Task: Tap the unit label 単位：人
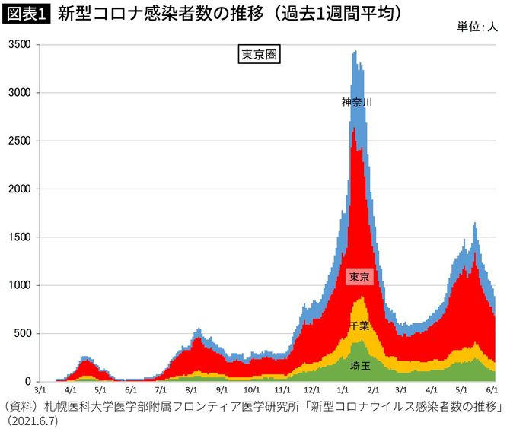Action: [477, 27]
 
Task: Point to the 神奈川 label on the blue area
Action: [356, 101]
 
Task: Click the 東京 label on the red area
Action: [358, 277]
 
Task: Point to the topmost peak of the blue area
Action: [355, 51]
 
